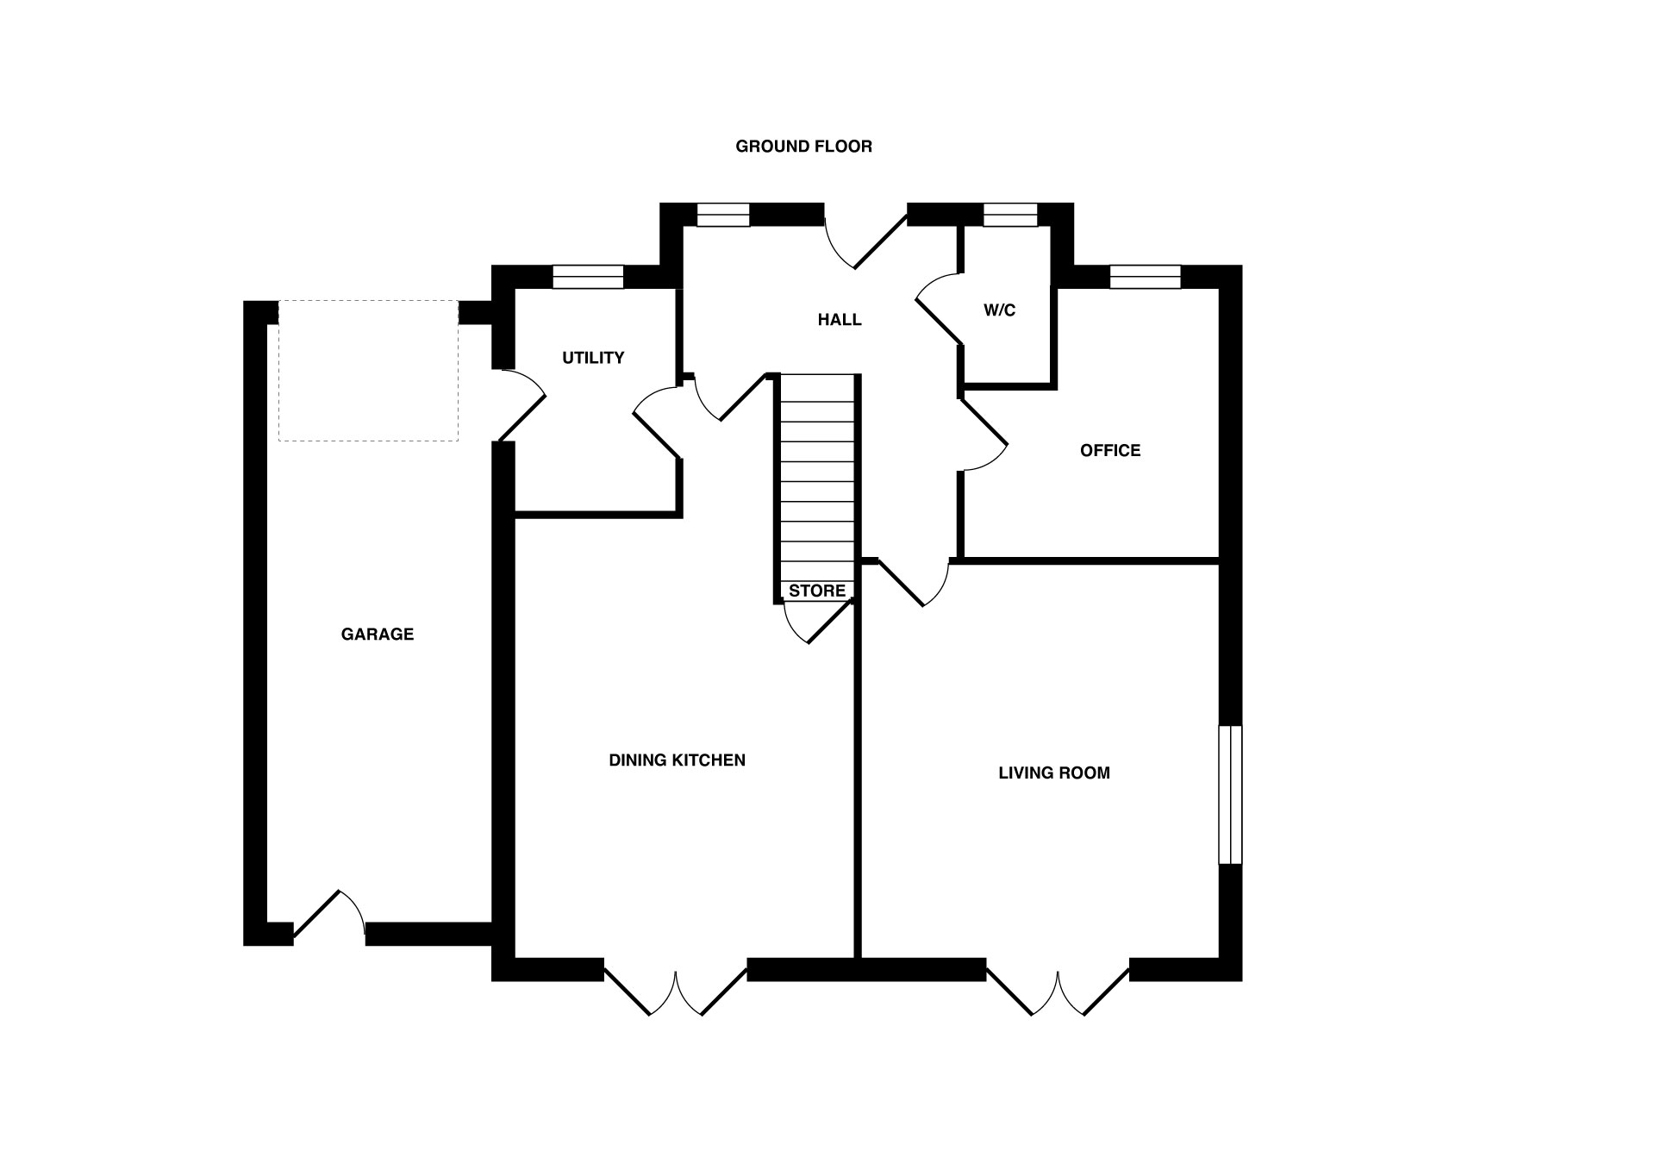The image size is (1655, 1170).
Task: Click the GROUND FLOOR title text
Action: (x=803, y=147)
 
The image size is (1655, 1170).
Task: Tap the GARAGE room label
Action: (x=378, y=635)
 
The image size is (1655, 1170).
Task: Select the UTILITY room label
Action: (x=593, y=358)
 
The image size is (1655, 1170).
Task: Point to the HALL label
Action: (x=840, y=320)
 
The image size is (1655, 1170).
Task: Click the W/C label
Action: (x=1000, y=310)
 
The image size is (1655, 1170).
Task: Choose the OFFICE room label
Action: (x=1110, y=450)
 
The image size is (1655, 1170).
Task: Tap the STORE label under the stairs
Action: (x=817, y=591)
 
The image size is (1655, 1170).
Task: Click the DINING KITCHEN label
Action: (x=677, y=760)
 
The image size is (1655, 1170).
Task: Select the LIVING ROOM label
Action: (x=1054, y=773)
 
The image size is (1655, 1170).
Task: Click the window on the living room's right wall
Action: (x=1230, y=795)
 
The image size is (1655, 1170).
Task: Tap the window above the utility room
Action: (x=588, y=277)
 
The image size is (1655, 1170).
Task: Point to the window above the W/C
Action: (x=1010, y=215)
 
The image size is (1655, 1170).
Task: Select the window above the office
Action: (x=1145, y=277)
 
